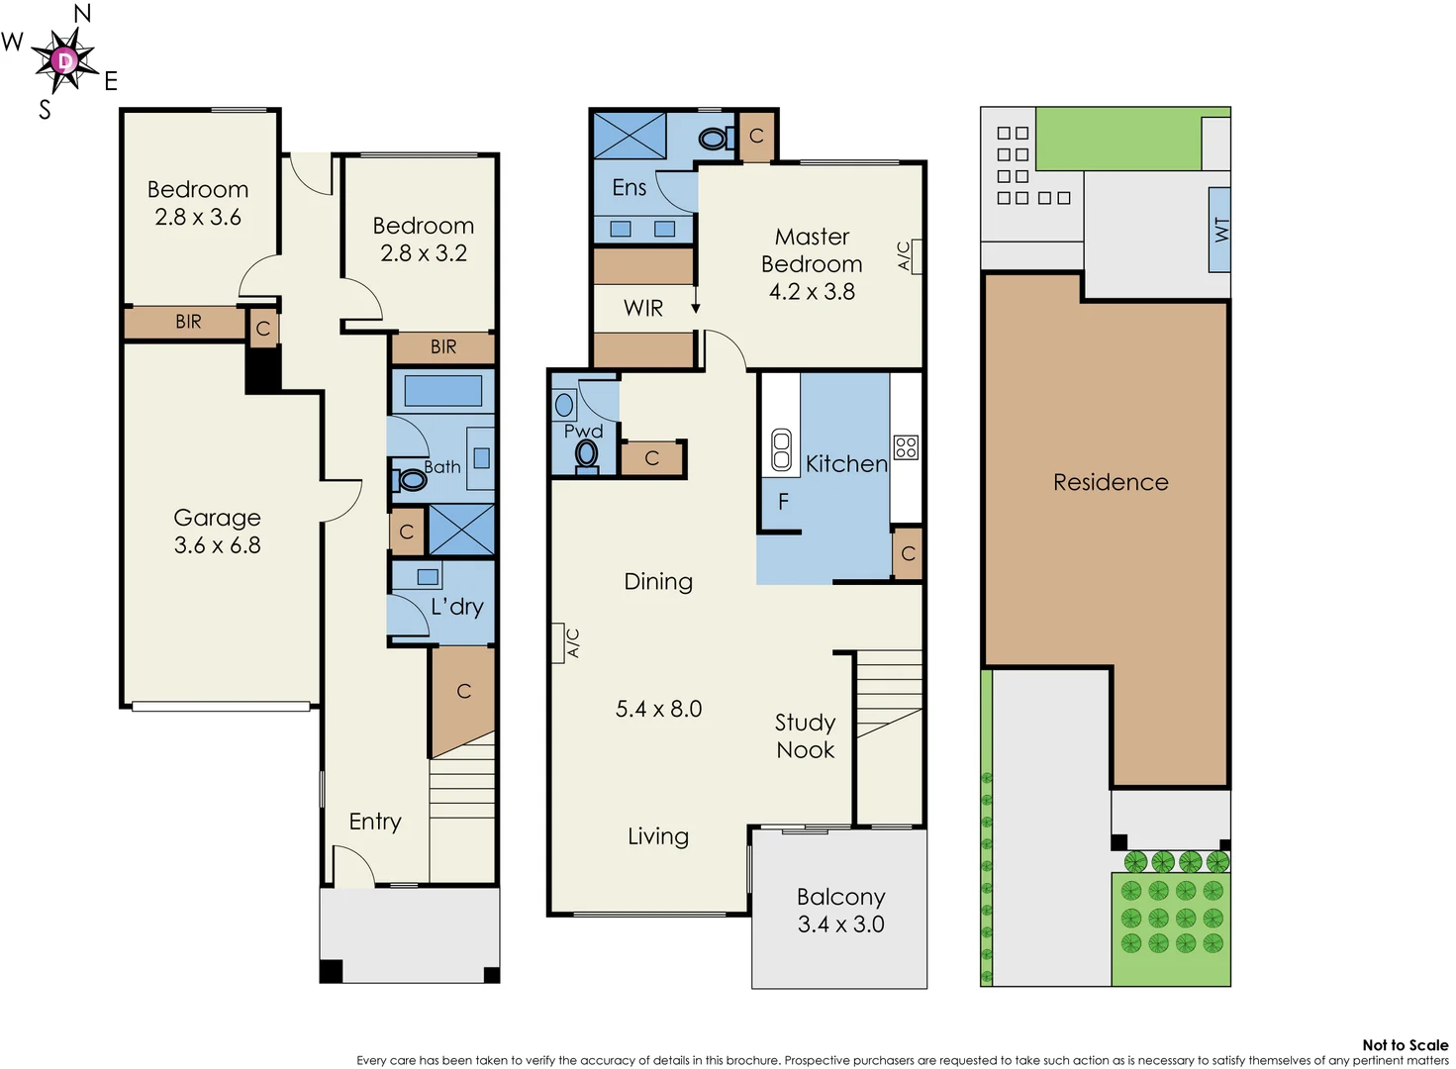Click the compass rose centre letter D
point(64,61)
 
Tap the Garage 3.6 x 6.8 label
point(217,532)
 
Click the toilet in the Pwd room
point(587,454)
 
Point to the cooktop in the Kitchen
point(906,446)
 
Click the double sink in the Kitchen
point(781,449)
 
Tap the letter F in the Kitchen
point(783,502)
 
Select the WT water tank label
point(1220,230)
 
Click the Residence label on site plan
point(1111,482)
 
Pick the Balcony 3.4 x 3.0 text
point(840,910)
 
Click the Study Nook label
point(805,735)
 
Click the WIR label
point(642,308)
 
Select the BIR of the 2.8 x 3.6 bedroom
point(188,322)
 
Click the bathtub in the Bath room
point(442,391)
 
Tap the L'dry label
point(456,607)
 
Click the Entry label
point(375,822)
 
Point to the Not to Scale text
point(1404,1044)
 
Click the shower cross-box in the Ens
point(630,136)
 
